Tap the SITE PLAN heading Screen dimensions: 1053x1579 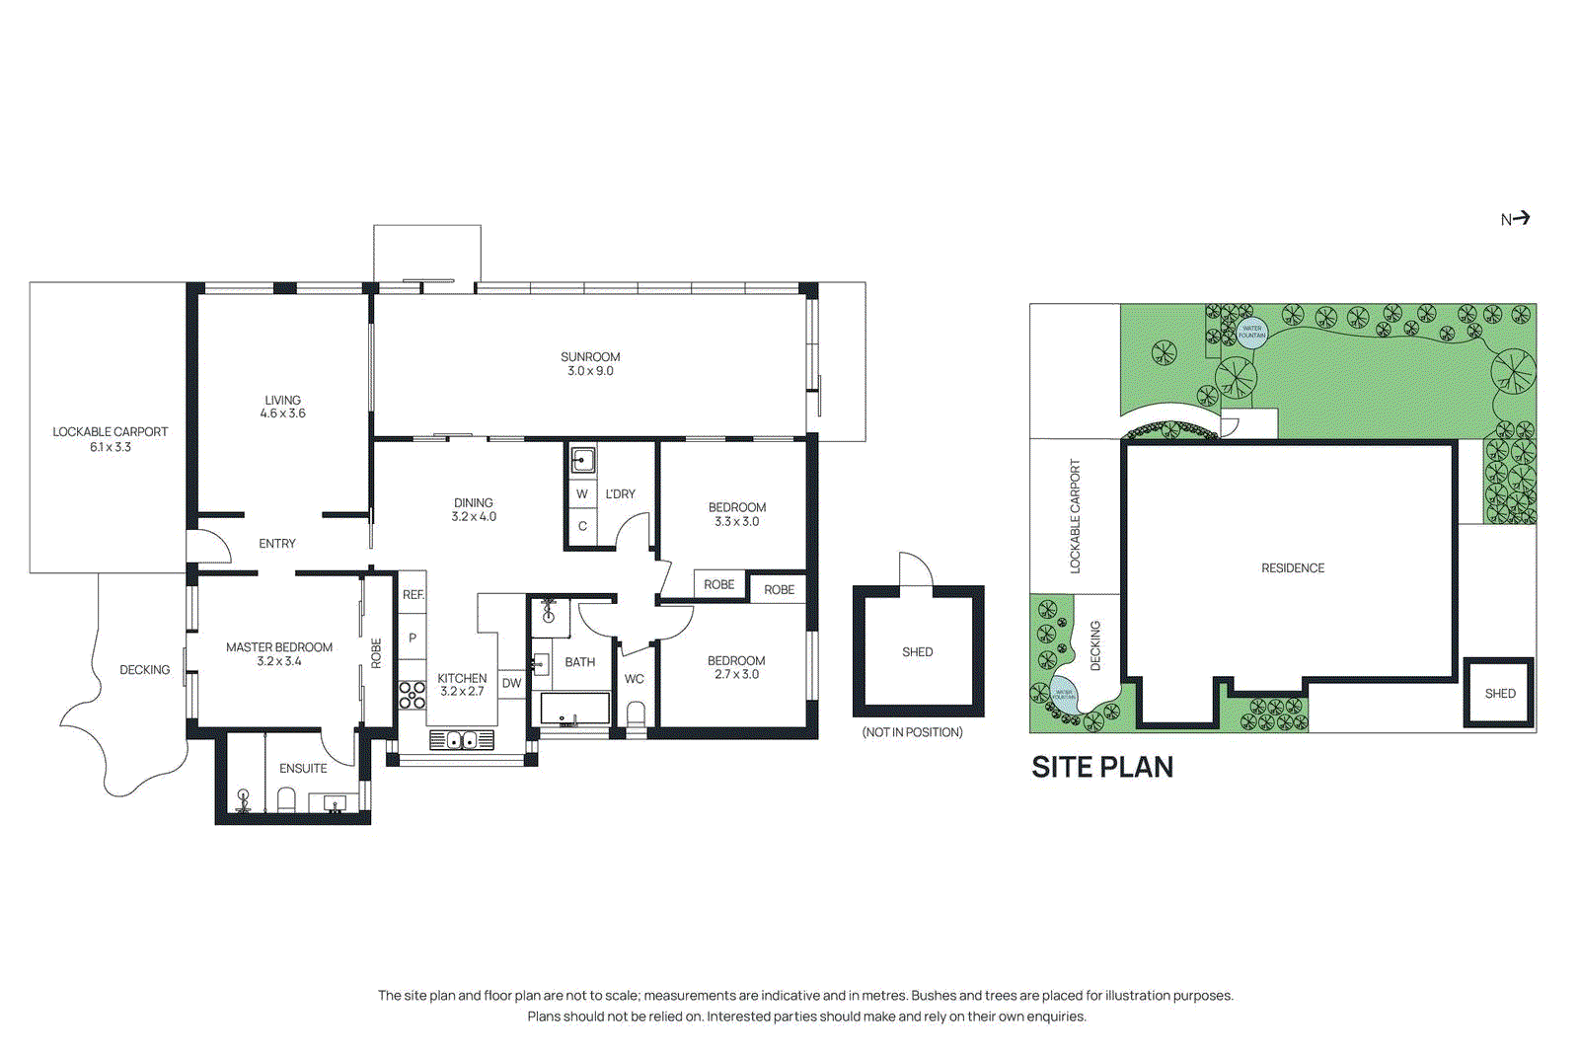[1101, 767]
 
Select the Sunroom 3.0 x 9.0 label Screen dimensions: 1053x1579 [590, 364]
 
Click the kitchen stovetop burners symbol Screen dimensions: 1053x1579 [412, 695]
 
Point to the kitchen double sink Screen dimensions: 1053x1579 [462, 739]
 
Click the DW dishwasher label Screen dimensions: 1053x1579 [511, 683]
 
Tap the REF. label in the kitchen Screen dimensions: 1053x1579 [413, 594]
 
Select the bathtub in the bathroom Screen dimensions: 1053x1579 [574, 710]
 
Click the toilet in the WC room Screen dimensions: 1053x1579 [637, 714]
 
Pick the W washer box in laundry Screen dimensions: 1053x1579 [582, 493]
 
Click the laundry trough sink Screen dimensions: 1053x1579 [583, 460]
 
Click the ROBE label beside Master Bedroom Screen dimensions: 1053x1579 [376, 653]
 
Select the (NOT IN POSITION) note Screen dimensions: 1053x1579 [912, 732]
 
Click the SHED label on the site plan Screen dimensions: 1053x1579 [1499, 694]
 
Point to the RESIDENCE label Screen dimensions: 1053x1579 [1292, 568]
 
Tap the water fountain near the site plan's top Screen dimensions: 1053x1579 [1251, 333]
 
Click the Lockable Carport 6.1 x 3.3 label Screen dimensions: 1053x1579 [110, 439]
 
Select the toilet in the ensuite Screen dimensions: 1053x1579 [287, 798]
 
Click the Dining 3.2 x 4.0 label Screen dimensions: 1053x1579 [474, 509]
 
